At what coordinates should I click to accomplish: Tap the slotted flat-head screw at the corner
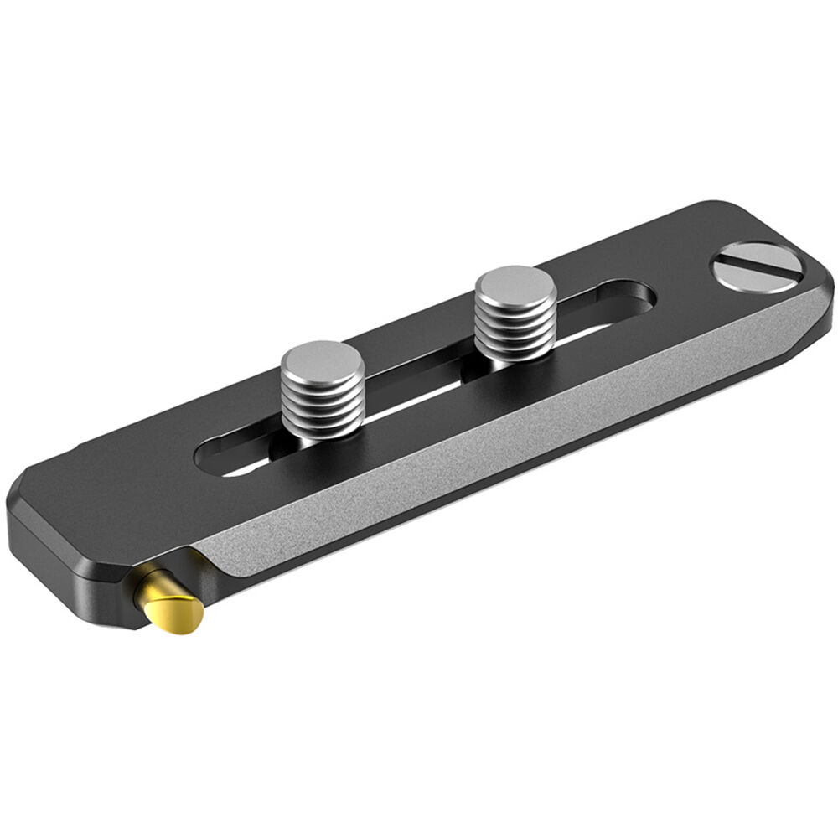click(x=757, y=266)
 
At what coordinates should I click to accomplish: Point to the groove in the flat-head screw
click(x=757, y=266)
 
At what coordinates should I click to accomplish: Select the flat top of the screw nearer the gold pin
click(x=323, y=360)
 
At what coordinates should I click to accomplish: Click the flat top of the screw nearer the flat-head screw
click(x=515, y=286)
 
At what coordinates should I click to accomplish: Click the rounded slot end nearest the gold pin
click(x=209, y=460)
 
